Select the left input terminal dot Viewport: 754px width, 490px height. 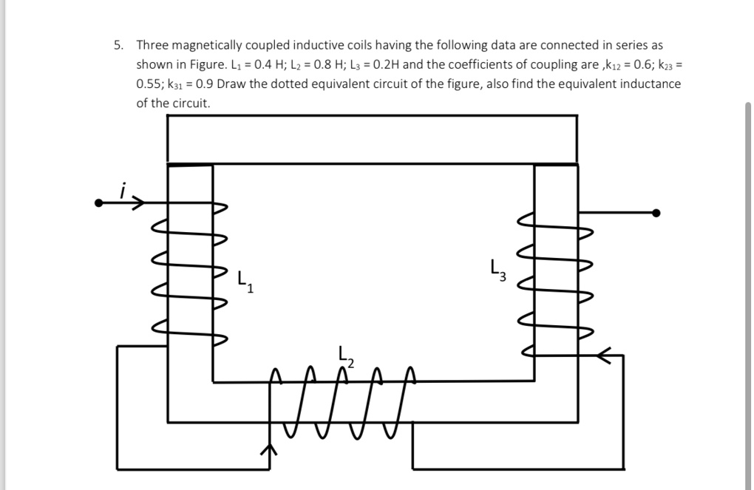pos(99,203)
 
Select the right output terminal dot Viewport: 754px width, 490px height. pos(656,214)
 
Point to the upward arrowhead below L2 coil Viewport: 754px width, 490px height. pos(271,449)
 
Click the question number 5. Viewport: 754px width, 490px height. pos(119,45)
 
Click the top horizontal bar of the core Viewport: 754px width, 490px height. pos(372,138)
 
